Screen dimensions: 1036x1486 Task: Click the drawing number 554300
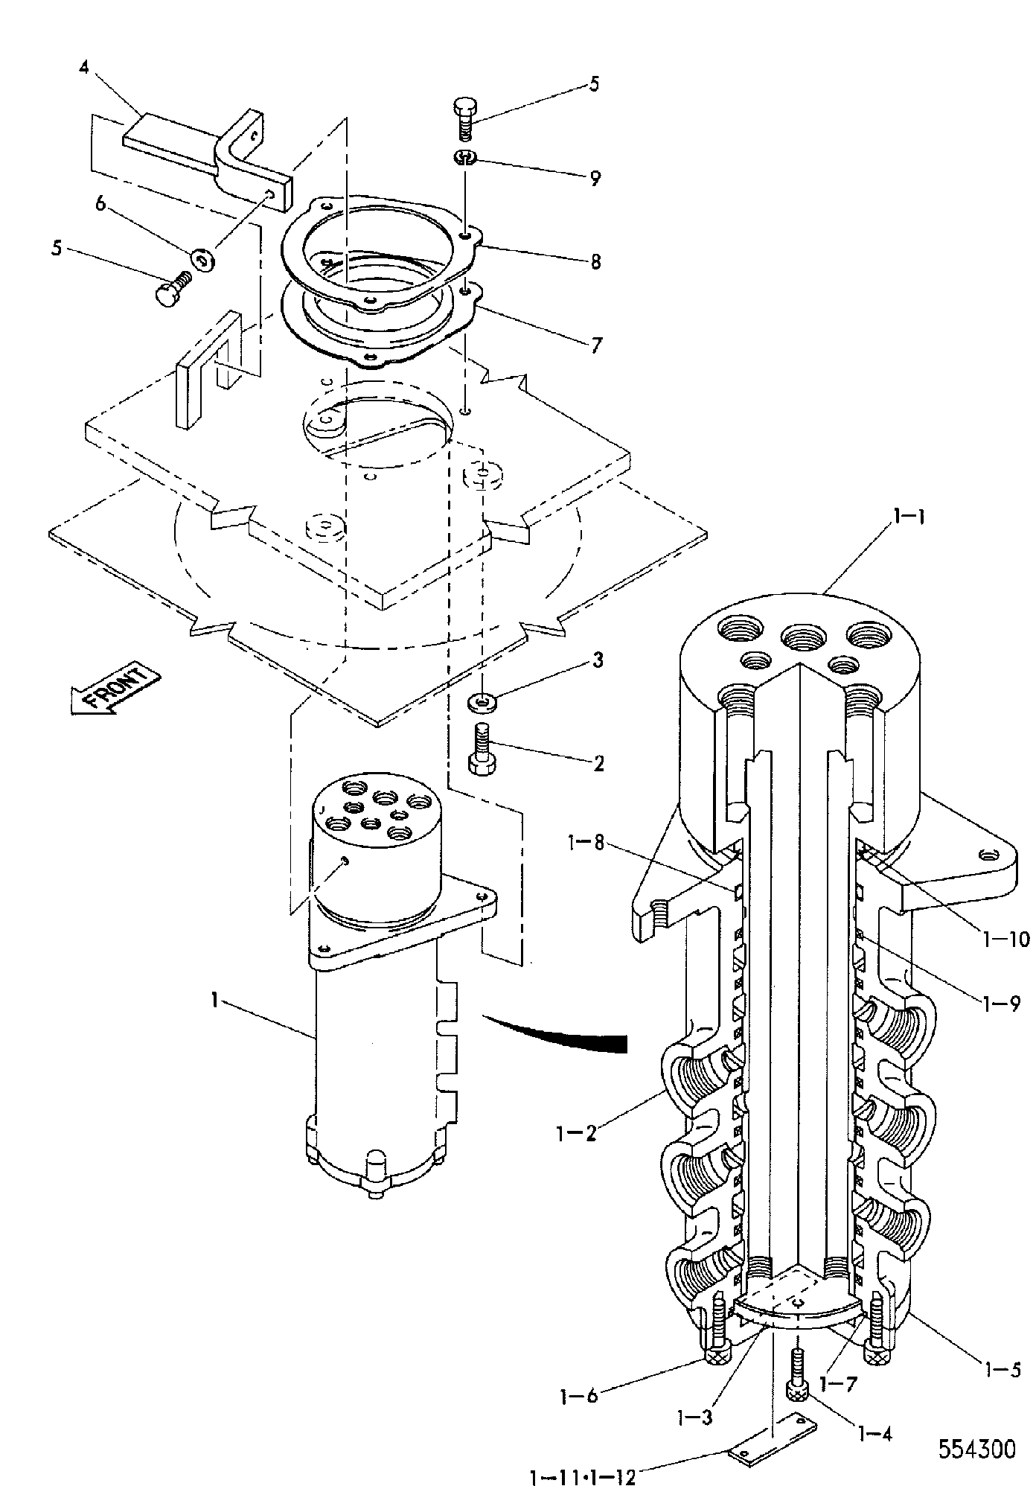(976, 1450)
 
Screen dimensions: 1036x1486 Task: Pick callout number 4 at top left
(83, 68)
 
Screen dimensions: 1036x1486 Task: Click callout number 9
(595, 179)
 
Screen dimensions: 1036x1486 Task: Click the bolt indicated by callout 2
(481, 750)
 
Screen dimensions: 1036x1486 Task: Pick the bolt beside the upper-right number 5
(464, 118)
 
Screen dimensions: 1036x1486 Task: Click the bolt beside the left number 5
(173, 287)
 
